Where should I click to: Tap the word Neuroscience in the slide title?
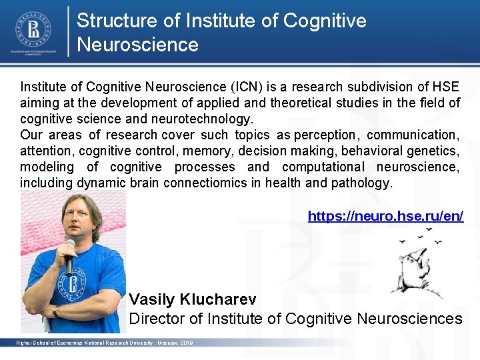[137, 45]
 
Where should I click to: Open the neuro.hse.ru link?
[385, 216]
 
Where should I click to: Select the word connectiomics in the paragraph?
[213, 183]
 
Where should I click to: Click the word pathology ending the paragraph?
[363, 183]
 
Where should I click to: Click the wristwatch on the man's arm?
[55, 310]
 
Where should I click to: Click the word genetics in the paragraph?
[433, 151]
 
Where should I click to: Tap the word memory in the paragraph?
[206, 151]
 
